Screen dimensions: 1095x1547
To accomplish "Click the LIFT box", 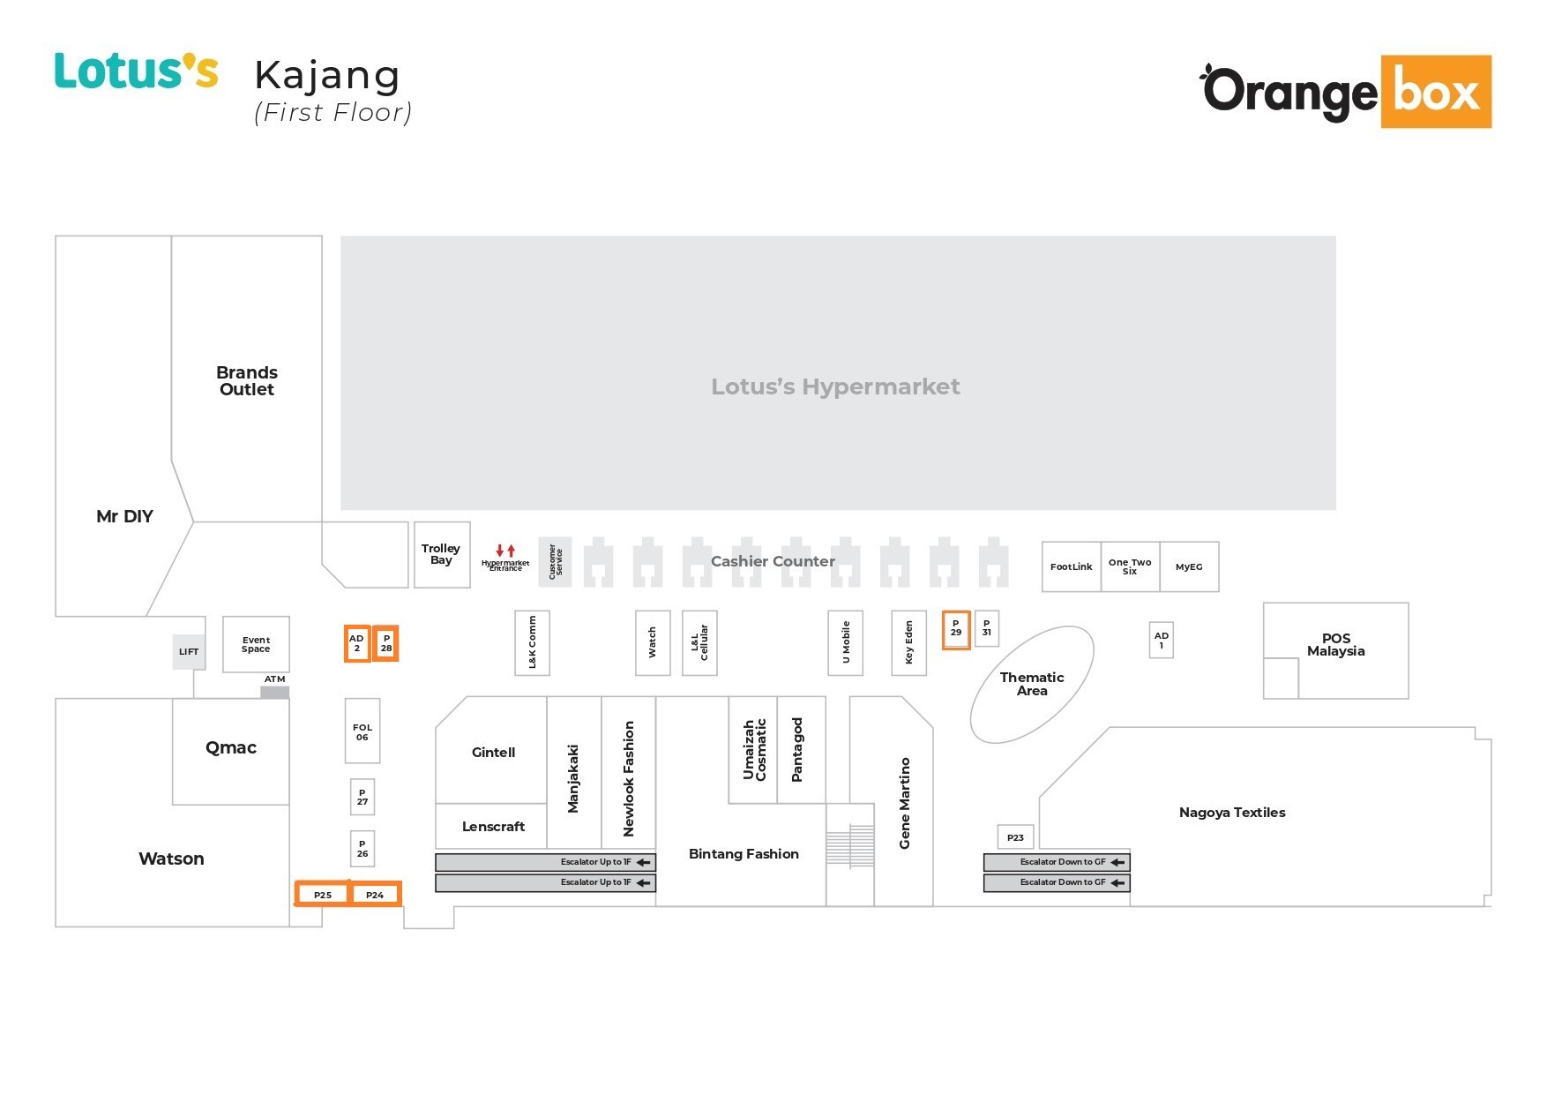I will coord(189,652).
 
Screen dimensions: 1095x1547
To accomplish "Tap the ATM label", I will coord(274,679).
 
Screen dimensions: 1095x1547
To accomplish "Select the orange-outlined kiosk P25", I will coord(323,895).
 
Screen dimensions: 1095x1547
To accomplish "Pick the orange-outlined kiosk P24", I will coord(375,895).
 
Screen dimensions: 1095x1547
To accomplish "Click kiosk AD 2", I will coord(356,643).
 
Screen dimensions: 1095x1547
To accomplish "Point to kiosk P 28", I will coord(386,643).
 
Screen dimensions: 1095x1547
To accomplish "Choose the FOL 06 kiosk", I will coord(362,731).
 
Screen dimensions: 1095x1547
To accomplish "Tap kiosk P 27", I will coord(362,798).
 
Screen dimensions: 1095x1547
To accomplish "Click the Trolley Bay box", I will coord(441,555).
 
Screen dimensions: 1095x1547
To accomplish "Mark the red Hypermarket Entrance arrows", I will coord(505,551).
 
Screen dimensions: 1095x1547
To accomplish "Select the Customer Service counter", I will coord(556,561).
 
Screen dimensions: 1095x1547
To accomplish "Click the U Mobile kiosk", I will coord(846,642).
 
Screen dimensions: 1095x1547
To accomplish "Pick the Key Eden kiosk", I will coord(908,642).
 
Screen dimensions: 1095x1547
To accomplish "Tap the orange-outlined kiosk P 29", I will coord(956,629).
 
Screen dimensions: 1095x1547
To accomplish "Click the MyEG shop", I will coord(1189,566).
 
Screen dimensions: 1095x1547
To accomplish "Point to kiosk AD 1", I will coord(1162,640).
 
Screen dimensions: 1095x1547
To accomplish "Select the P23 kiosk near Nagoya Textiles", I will coord(1015,837).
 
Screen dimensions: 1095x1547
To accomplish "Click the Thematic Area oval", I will coord(1032,684).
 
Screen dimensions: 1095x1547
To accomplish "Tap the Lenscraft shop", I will coord(492,827).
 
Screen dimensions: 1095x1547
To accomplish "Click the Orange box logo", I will coord(1346,92).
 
